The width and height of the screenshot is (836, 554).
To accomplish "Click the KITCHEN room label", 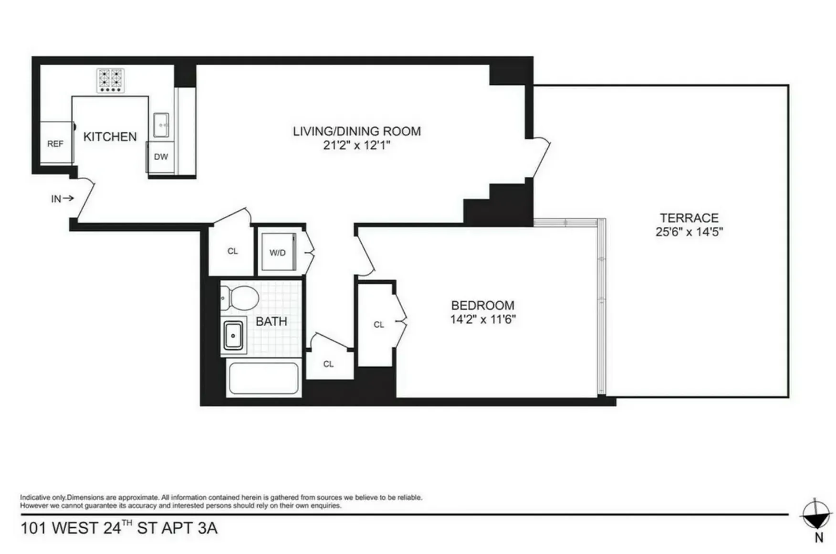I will click(110, 137).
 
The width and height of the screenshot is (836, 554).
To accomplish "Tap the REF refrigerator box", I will click(55, 143).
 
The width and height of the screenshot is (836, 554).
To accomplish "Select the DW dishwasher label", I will click(161, 157).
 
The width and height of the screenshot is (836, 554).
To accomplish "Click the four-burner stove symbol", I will click(111, 80).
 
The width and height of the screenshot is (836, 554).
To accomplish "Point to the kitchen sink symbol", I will click(161, 125).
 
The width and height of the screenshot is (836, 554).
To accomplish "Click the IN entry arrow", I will click(63, 198).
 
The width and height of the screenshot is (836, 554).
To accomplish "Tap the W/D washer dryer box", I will click(278, 252).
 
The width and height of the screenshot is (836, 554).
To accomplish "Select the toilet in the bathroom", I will click(240, 298).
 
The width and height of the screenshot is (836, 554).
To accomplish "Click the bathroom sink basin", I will click(233, 336).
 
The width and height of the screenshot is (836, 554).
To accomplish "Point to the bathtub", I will click(263, 378).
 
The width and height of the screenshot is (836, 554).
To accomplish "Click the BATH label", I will click(272, 322).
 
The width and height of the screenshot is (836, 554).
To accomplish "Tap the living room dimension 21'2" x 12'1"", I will click(356, 145).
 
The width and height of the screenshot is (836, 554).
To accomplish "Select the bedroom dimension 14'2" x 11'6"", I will click(483, 319).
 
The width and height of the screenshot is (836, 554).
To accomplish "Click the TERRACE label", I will click(689, 218).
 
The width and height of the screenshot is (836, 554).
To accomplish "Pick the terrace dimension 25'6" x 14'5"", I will click(689, 232).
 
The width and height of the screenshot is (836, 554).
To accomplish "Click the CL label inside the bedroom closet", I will click(379, 325).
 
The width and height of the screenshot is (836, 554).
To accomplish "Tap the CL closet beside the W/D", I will click(232, 251).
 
